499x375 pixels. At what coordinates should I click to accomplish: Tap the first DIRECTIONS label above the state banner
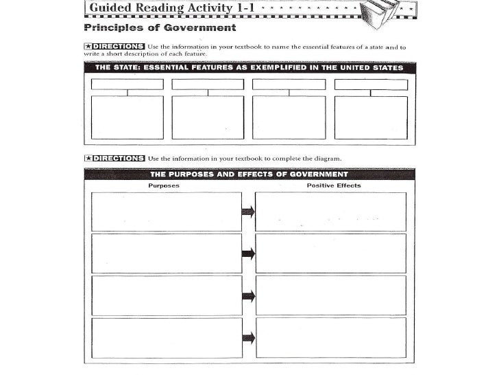(114, 47)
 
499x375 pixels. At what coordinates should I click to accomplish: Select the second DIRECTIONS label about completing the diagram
(114, 158)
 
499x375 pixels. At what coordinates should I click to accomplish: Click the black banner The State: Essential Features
(249, 68)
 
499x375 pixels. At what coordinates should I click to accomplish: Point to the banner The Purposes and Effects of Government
(249, 174)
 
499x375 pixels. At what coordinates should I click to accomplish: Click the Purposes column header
(164, 185)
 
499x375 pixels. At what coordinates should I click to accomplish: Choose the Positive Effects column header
(333, 185)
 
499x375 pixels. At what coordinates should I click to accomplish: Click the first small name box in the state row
(127, 84)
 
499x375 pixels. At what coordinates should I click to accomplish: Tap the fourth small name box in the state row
(371, 84)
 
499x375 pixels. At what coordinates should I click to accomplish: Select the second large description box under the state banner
(208, 117)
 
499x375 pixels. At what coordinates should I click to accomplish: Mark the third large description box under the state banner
(289, 117)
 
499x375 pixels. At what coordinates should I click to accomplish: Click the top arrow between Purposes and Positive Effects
(248, 212)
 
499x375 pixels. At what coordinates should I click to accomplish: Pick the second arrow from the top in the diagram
(248, 253)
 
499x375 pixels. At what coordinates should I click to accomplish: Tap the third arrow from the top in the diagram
(248, 295)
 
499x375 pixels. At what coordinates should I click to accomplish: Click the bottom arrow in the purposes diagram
(248, 337)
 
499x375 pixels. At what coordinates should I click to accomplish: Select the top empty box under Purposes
(166, 212)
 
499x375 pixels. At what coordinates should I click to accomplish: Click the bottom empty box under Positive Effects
(331, 337)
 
